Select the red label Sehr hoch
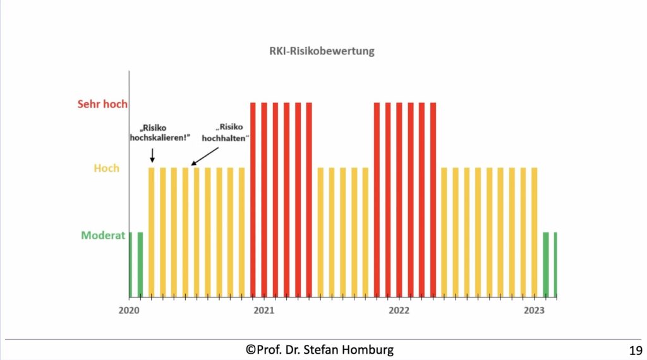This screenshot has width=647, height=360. pos(102,104)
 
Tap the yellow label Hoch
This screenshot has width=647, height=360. pos(106,169)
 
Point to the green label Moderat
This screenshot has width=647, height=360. pos(103,236)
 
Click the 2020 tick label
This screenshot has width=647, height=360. pos(129,310)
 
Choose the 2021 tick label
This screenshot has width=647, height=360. pos(264,310)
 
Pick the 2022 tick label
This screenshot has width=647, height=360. pos(399,310)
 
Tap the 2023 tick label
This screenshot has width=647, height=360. pos(535,310)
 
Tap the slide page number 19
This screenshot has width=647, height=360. pos(636,350)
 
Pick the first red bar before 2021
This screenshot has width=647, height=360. pos(253,199)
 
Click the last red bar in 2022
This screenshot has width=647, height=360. pos(433,199)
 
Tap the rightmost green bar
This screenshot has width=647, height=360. pos(555,264)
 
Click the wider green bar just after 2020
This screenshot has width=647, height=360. pos(140,264)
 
